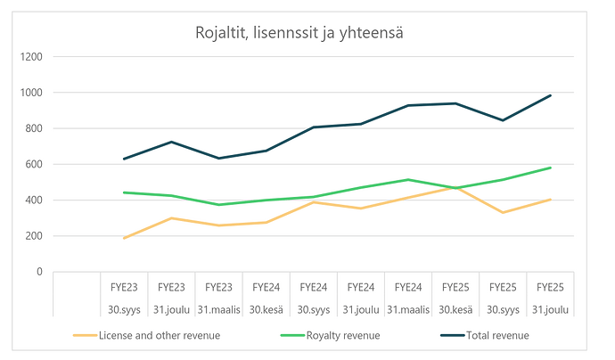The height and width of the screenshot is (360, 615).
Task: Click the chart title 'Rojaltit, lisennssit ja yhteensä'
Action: click(306, 34)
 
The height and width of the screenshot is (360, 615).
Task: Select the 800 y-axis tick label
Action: click(32, 128)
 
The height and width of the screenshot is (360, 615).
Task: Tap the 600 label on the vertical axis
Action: click(32, 164)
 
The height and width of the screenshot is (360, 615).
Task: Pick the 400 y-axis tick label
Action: click(32, 200)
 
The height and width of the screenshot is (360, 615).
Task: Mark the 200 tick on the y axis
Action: click(32, 236)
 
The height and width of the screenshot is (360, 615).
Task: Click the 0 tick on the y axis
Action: click(38, 272)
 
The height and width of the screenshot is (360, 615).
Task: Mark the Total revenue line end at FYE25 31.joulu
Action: click(551, 95)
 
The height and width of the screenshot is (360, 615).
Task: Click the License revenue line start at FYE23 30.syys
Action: click(124, 238)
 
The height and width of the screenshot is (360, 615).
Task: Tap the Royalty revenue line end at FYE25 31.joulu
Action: click(551, 168)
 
